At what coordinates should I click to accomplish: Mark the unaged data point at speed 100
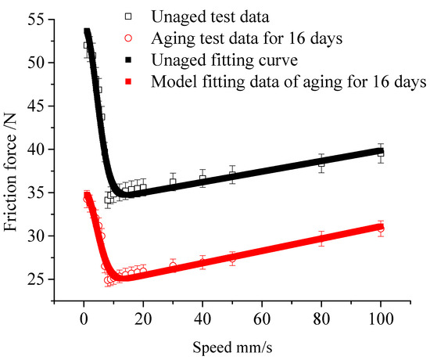point(381,153)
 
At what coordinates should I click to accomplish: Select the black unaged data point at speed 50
point(232,175)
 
